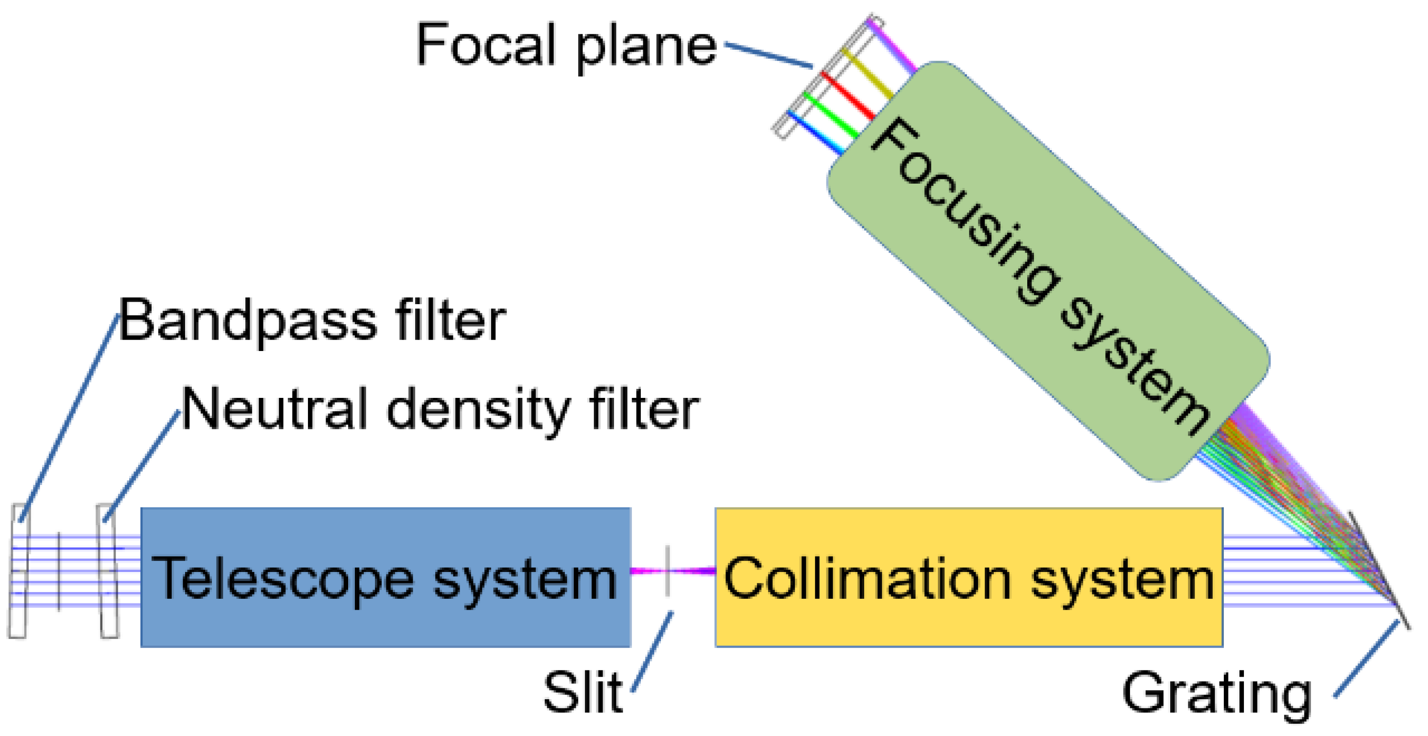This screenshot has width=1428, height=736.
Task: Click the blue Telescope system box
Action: (x=385, y=577)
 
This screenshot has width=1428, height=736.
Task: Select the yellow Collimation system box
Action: (x=968, y=577)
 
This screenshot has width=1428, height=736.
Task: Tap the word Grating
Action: (x=1217, y=693)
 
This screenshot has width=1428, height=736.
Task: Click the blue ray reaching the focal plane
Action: (x=815, y=132)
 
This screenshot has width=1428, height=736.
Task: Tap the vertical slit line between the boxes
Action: (x=668, y=571)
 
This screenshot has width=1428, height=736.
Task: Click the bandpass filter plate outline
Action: (x=18, y=571)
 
